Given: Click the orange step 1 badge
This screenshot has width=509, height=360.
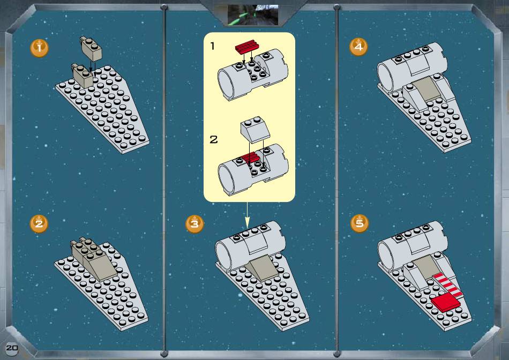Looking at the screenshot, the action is coord(39,48).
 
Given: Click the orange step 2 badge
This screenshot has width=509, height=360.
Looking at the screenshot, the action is coord(39,224).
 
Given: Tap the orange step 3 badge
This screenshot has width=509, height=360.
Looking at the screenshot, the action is coord(194,224).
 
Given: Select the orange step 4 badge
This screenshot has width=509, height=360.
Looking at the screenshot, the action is coord(358,47).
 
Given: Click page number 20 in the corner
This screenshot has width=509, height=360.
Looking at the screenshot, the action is coord(12,348).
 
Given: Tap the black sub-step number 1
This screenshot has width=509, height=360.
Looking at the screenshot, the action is coord(213,46).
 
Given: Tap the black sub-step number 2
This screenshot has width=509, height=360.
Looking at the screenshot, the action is coord(214,140).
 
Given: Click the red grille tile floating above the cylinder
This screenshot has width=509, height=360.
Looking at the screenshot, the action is coord(247,47).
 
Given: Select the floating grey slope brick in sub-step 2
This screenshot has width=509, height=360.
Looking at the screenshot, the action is coord(255,130).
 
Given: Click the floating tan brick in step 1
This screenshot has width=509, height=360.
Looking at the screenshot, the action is coord(91,48).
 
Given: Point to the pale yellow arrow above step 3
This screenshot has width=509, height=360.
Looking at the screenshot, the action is coord(247,215).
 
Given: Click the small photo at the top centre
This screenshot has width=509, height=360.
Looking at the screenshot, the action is coord(253,15).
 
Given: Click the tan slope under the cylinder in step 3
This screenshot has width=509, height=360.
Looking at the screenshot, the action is coord(262,268).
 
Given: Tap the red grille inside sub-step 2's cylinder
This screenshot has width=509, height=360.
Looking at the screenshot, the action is coord(251,157).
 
